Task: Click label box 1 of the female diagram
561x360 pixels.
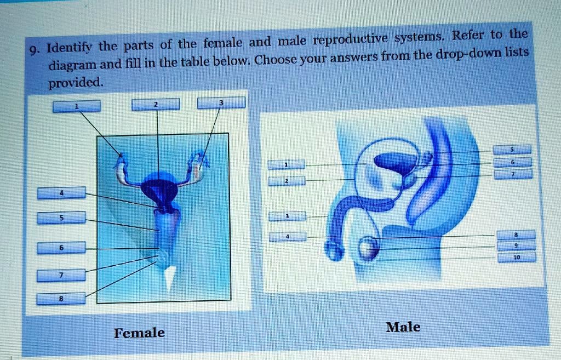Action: (76, 106)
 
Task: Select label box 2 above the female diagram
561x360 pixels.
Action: (156, 104)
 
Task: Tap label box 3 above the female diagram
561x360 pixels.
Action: (221, 102)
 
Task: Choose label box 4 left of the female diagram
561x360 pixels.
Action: (61, 192)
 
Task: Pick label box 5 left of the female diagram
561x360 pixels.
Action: (61, 218)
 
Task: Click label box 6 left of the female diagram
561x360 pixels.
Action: (61, 248)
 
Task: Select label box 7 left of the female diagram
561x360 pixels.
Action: (61, 275)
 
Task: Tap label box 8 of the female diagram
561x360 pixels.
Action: (61, 299)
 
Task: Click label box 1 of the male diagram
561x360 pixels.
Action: (285, 164)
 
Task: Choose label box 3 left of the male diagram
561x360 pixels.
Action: (287, 216)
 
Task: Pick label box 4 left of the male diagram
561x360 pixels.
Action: (287, 237)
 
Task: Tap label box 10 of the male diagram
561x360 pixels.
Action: (516, 256)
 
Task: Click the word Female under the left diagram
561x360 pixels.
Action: (139, 333)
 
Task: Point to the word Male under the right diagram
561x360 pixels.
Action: (403, 327)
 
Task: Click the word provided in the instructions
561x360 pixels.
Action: (76, 83)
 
